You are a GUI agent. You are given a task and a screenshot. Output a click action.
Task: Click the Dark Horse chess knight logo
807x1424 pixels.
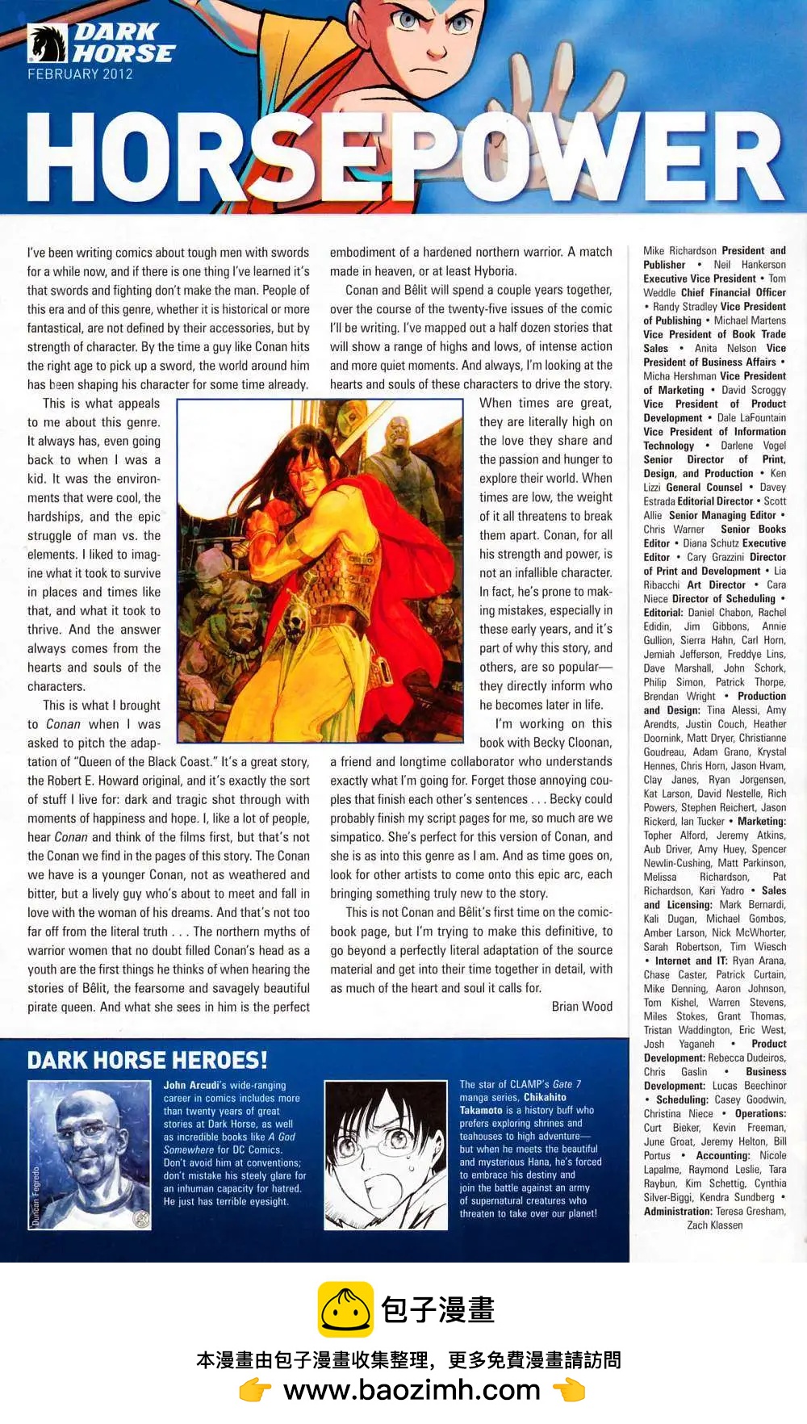pyautogui.click(x=47, y=44)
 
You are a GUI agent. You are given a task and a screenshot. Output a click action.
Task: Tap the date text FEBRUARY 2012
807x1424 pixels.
pyautogui.click(x=80, y=74)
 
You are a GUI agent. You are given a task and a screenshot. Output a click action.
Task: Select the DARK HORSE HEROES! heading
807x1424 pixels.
pyautogui.click(x=148, y=1060)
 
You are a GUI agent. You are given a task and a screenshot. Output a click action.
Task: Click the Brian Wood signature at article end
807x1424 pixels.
pyautogui.click(x=582, y=1007)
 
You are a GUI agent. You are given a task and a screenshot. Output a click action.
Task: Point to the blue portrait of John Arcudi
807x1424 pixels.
pyautogui.click(x=90, y=1155)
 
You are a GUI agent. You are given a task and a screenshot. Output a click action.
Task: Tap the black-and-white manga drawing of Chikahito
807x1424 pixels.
pyautogui.click(x=385, y=1155)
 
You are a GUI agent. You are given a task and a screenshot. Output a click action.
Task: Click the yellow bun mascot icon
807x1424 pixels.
pyautogui.click(x=345, y=1309)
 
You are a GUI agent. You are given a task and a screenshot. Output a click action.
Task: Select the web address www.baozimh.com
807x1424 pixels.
pyautogui.click(x=412, y=1389)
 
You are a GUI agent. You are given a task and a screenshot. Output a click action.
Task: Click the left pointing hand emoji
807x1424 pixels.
pyautogui.click(x=256, y=1390)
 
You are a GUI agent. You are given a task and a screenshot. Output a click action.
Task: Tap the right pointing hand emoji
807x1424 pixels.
pyautogui.click(x=569, y=1390)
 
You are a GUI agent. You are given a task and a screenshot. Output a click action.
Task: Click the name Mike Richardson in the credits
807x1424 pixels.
pyautogui.click(x=679, y=251)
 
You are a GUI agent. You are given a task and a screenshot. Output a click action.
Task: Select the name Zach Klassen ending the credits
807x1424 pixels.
pyautogui.click(x=715, y=1225)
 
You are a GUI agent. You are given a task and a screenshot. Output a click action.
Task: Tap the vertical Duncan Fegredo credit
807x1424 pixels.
pyautogui.click(x=36, y=1196)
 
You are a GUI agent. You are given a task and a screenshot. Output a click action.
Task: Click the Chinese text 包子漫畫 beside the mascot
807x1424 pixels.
pyautogui.click(x=437, y=1309)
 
